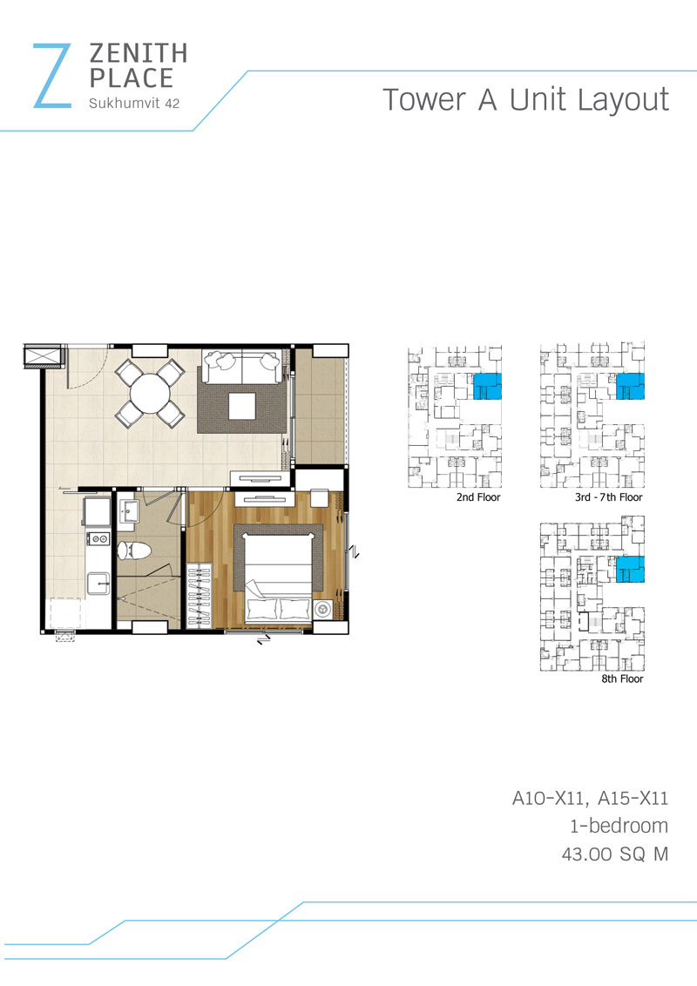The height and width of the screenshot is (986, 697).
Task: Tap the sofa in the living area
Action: [241, 367]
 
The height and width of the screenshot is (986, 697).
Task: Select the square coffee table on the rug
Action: [241, 406]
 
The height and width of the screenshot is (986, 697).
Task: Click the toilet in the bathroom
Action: [134, 550]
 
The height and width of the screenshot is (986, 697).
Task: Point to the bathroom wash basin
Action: [130, 511]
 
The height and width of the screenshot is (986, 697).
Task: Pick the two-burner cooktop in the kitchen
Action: [99, 538]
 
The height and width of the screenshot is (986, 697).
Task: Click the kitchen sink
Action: [98, 583]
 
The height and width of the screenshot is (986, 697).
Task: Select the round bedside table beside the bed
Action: [322, 610]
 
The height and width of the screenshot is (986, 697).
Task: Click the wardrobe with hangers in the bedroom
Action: [199, 595]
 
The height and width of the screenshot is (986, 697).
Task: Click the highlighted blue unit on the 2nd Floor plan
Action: [487, 386]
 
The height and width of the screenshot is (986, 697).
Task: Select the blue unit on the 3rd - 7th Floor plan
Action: [630, 386]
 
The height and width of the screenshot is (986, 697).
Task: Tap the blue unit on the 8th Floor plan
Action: [630, 569]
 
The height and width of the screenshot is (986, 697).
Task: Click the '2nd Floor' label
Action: [478, 497]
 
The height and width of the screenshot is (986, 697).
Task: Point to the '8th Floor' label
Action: [622, 679]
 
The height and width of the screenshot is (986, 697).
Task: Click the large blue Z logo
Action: [51, 76]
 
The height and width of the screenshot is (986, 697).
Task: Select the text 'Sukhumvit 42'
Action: [134, 104]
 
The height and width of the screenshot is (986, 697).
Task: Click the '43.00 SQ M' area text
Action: [614, 854]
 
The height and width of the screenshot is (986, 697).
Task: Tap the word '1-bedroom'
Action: [619, 826]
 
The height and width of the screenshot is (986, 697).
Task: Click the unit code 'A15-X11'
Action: [633, 798]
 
